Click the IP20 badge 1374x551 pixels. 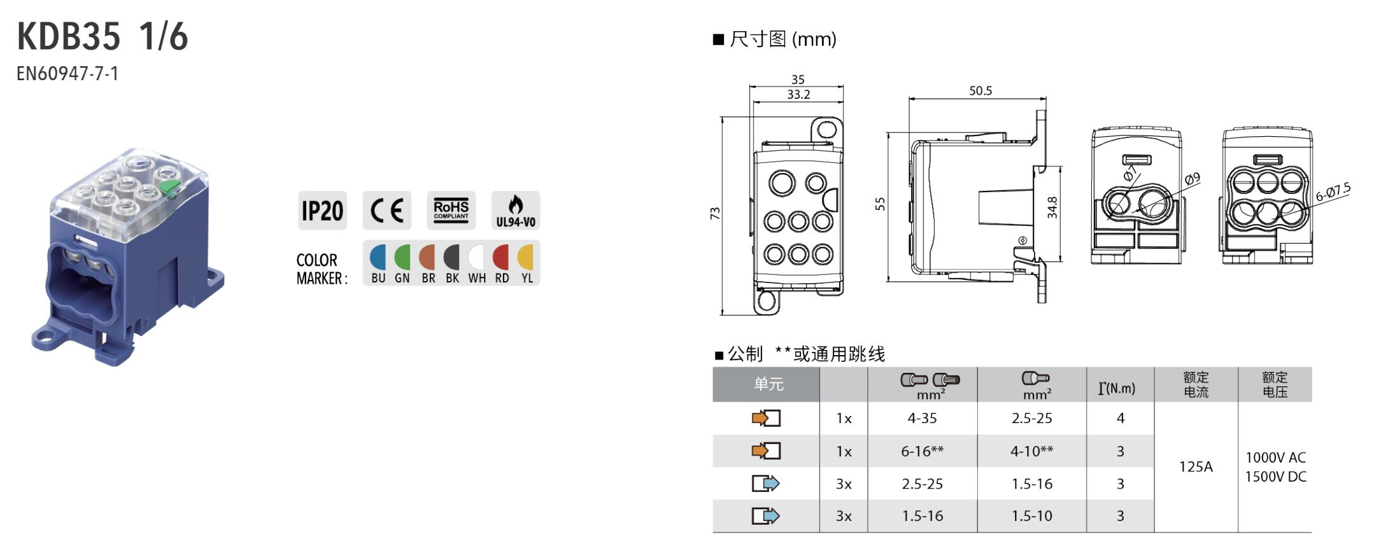322,211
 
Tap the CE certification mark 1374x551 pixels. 387,211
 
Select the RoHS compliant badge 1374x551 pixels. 451,210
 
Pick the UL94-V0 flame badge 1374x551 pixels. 516,211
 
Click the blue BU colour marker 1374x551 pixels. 378,258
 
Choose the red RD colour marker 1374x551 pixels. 502,258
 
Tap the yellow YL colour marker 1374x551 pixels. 526,258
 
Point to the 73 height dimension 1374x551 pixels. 715,214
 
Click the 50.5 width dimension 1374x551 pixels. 981,91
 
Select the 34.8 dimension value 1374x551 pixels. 1052,208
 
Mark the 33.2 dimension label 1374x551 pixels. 798,95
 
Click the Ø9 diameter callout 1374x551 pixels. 1193,179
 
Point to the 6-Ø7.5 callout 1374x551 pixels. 1333,192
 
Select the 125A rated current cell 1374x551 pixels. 1196,466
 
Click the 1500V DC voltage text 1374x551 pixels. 1275,477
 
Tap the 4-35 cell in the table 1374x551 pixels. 922,418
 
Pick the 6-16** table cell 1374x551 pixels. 922,451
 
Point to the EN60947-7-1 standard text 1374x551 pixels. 67,74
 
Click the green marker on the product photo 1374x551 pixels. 169,187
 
